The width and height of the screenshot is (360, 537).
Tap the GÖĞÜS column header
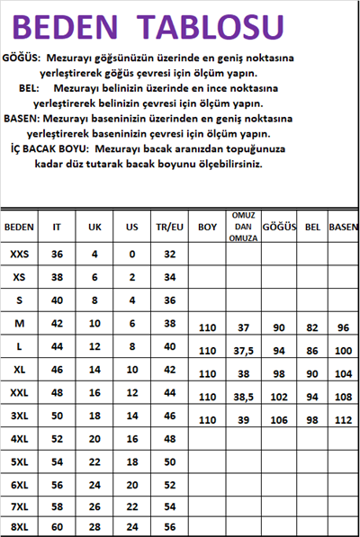[279, 227]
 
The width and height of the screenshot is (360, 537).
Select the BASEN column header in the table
[343, 227]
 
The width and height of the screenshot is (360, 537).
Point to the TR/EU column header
[168, 227]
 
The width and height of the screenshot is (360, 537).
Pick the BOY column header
[208, 227]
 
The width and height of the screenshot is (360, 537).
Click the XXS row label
[19, 255]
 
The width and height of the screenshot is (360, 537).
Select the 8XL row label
[19, 527]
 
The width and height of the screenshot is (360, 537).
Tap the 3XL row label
[19, 416]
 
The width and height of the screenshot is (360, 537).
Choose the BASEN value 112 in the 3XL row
[343, 420]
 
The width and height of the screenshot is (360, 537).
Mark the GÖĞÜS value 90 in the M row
[279, 328]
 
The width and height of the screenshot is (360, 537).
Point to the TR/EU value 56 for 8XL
[168, 527]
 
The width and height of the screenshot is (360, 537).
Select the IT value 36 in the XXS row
[58, 255]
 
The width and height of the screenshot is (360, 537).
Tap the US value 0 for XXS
[131, 255]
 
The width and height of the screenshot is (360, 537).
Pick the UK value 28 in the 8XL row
[94, 527]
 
